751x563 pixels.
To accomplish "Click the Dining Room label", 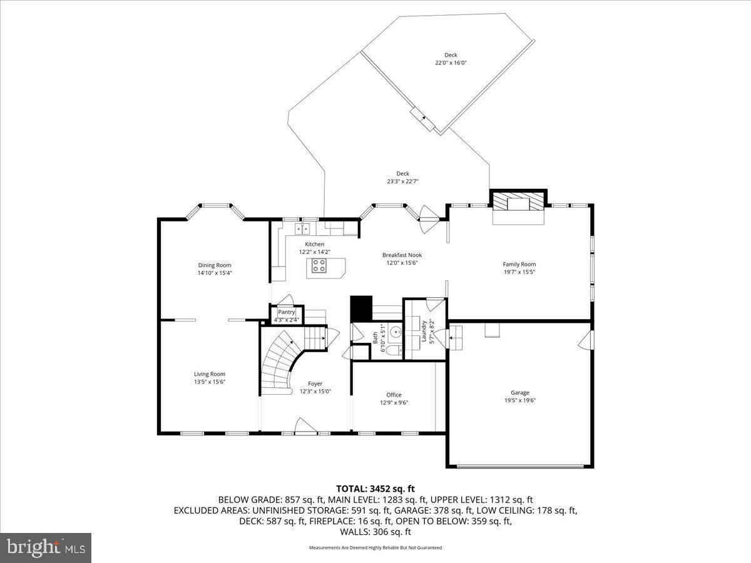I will (215, 265).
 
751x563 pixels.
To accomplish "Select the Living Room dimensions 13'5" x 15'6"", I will (209, 382).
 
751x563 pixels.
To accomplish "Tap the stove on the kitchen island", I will (319, 267).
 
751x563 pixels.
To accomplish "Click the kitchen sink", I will (303, 228).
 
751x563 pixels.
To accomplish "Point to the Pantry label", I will (287, 312).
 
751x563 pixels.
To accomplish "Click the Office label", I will (394, 395).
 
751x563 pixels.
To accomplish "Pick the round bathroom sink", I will (394, 331).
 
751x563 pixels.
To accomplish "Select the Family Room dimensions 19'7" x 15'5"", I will (519, 272).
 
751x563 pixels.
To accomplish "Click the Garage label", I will (519, 393).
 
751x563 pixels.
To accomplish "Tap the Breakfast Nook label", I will (402, 255).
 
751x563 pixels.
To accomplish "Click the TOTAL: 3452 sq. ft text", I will (375, 489).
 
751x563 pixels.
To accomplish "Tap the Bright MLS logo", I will (46, 548).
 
